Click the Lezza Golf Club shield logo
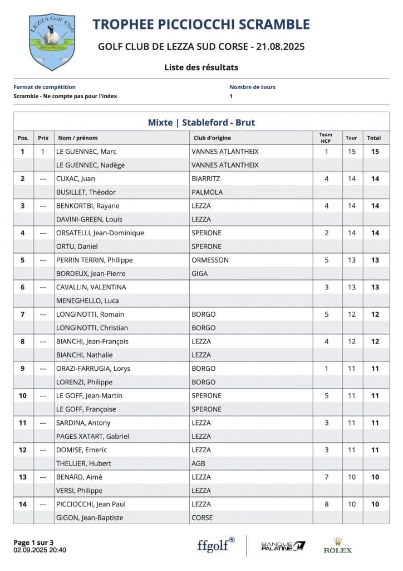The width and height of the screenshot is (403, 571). coord(52,42)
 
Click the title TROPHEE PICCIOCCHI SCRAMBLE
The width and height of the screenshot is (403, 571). coord(201,25)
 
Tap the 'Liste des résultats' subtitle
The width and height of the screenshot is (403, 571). coord(201,67)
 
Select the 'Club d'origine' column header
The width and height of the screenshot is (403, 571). coord(212,138)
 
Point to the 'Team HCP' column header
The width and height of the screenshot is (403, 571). coord(326,137)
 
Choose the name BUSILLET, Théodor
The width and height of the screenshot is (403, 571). coord(86,192)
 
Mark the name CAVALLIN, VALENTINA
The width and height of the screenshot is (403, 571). coord(91,287)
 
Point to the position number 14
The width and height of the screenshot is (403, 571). coord(23,504)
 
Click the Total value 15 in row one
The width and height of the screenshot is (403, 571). coord(375,151)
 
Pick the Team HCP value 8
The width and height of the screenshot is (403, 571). coord(327,504)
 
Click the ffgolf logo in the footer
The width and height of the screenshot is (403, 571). coord(215,545)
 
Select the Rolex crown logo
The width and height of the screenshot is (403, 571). coord(338,542)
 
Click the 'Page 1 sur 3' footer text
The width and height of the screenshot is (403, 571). coord(33,542)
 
